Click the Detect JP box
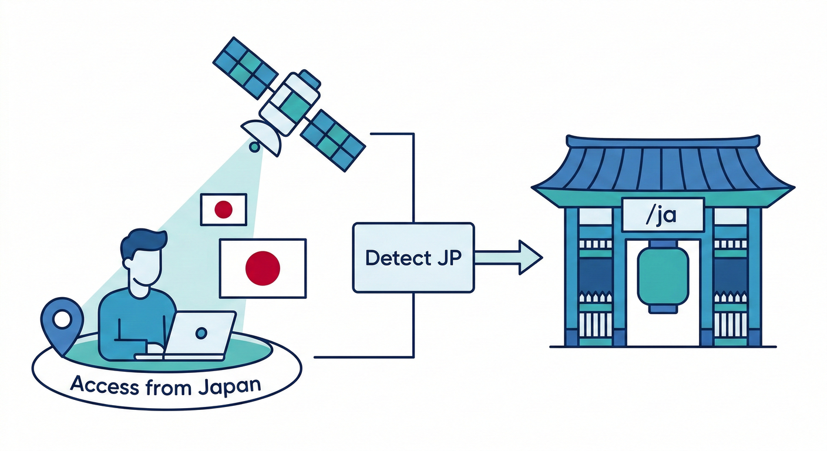click(x=413, y=257)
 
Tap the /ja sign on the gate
click(x=663, y=215)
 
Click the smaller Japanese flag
click(x=224, y=210)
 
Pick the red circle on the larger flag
click(x=263, y=267)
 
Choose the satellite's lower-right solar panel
click(x=333, y=139)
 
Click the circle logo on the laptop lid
click(x=201, y=333)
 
